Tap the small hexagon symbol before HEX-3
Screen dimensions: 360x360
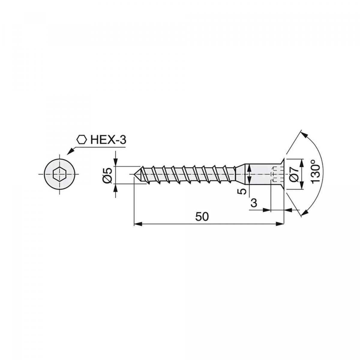81,139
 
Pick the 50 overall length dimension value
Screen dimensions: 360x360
202,217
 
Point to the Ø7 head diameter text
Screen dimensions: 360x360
295,174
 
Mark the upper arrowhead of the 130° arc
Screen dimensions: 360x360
304,135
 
